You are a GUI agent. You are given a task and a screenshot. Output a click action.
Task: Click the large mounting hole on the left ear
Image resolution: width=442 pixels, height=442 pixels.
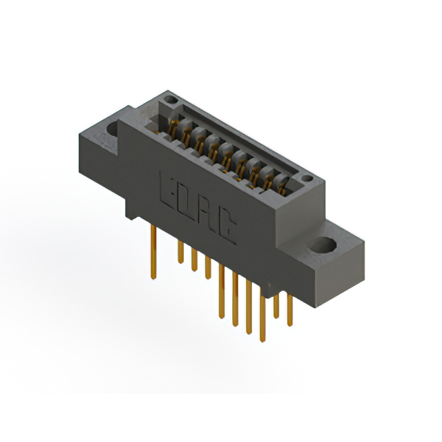coord(110,129)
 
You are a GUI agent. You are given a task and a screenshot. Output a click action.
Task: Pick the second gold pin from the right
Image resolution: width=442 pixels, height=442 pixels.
coord(276,304)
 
